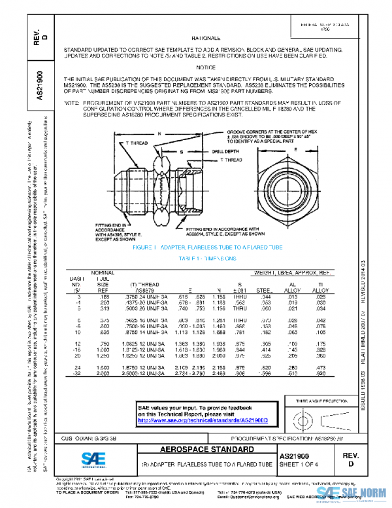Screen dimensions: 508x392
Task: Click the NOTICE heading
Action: point(205,67)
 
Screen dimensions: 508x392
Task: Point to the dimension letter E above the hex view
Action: point(295,150)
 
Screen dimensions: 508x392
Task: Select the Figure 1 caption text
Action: point(207,249)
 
